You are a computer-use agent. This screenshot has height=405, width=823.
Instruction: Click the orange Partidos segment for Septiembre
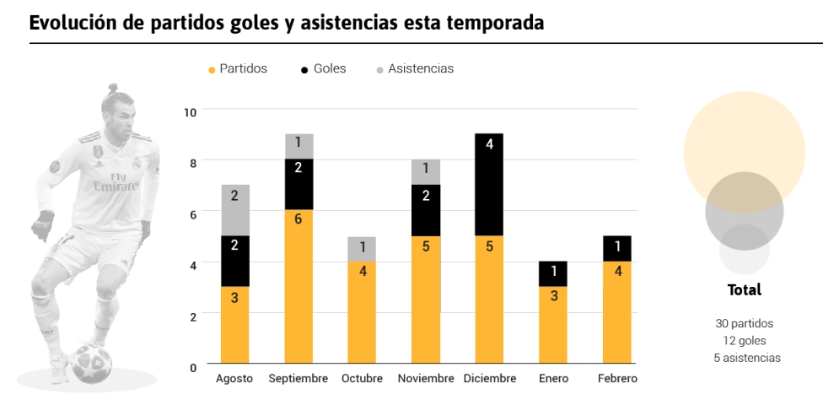tap(299, 286)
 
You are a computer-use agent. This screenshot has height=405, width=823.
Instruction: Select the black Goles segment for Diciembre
tap(489, 185)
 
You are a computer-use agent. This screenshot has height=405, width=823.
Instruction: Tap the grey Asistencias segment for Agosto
tap(234, 210)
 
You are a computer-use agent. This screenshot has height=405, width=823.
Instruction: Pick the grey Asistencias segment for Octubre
tap(362, 249)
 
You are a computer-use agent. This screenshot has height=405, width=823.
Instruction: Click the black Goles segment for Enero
tap(552, 273)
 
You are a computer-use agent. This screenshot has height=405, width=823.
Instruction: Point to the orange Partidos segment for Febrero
tap(616, 312)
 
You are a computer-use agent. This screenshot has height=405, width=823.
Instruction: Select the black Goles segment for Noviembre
tap(426, 210)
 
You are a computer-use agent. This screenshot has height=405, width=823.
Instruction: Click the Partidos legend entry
tap(238, 69)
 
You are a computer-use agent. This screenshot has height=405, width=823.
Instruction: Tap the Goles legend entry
tap(323, 69)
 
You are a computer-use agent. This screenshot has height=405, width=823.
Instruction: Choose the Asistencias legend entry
tap(415, 69)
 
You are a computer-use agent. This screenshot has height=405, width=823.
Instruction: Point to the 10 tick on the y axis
tap(190, 112)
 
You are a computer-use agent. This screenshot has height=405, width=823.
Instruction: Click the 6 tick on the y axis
tap(193, 214)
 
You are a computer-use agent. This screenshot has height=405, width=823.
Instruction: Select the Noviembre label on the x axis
tap(426, 378)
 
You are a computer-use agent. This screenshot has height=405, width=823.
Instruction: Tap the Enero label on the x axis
tap(553, 378)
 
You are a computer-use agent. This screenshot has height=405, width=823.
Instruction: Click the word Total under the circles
tap(745, 290)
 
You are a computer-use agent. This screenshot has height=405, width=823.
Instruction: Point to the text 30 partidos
tap(745, 324)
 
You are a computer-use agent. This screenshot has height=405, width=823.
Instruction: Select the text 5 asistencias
tap(747, 358)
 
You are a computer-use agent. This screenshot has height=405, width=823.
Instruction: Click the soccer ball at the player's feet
tap(91, 363)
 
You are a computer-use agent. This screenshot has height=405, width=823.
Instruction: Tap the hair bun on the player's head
tap(113, 87)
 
